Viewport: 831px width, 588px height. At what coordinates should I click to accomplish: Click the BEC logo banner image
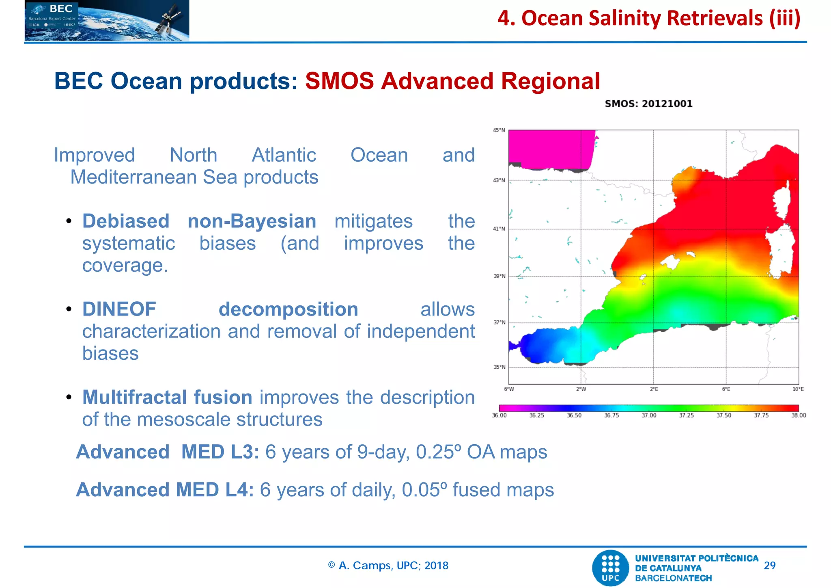(107, 20)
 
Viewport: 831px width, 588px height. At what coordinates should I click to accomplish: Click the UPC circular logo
(610, 568)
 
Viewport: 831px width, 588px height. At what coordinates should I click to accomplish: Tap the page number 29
(769, 565)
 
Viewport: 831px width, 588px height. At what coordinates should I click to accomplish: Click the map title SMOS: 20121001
(648, 104)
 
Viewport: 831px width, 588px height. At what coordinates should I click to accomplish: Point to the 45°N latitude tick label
(499, 130)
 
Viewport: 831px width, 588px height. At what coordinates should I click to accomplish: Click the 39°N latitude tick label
(499, 276)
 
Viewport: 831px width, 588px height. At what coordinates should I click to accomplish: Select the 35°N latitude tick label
(499, 367)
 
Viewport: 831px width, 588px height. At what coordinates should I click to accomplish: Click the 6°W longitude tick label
(509, 389)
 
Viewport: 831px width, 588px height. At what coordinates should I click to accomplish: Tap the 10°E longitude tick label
(798, 389)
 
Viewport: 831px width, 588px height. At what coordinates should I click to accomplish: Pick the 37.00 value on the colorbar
(648, 415)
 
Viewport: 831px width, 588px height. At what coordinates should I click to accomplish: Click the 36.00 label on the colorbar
(499, 415)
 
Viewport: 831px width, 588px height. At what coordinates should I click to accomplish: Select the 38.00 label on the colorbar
(798, 415)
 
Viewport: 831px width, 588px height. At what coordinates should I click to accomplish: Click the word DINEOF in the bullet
(119, 309)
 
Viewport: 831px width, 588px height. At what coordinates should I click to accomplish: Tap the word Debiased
(126, 221)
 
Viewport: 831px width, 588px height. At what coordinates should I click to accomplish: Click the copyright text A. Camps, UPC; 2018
(388, 565)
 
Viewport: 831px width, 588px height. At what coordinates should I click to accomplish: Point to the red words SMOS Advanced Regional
(452, 81)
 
